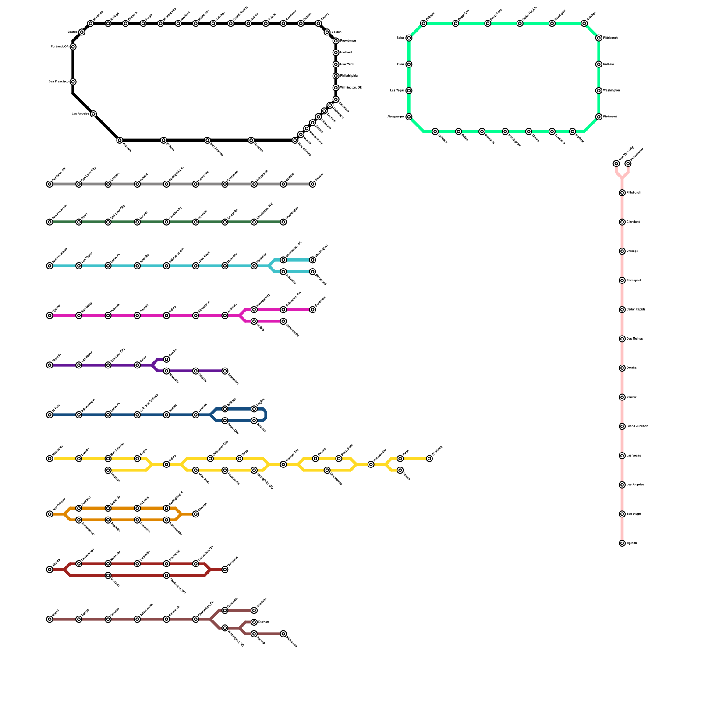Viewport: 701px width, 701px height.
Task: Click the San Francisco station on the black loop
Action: click(73, 82)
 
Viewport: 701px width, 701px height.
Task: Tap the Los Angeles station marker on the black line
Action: click(93, 114)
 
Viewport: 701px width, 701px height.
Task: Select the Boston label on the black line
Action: click(336, 32)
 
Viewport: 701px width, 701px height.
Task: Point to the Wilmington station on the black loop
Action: click(336, 88)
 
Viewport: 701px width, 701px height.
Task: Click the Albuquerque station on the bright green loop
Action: click(409, 117)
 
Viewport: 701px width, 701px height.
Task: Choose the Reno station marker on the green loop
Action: click(409, 64)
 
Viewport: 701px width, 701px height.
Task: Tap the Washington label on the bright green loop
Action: click(611, 91)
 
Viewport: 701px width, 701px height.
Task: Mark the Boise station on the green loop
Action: click(409, 38)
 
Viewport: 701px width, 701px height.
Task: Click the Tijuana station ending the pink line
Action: click(622, 543)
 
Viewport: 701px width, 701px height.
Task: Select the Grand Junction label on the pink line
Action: click(637, 426)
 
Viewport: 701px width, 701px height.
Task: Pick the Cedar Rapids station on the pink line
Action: click(622, 310)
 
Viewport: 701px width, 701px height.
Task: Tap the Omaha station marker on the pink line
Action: click(622, 368)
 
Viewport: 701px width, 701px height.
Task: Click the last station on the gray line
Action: click(312, 184)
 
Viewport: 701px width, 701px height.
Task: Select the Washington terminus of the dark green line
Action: click(283, 222)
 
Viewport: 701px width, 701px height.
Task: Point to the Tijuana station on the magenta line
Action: click(50, 315)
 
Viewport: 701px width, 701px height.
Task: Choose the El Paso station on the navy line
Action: click(50, 415)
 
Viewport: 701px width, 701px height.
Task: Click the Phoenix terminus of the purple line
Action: click(50, 365)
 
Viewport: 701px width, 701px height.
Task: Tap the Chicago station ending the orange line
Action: click(196, 514)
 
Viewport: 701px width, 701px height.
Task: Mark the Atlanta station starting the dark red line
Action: click(50, 570)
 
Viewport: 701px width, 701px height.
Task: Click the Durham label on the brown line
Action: click(263, 622)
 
